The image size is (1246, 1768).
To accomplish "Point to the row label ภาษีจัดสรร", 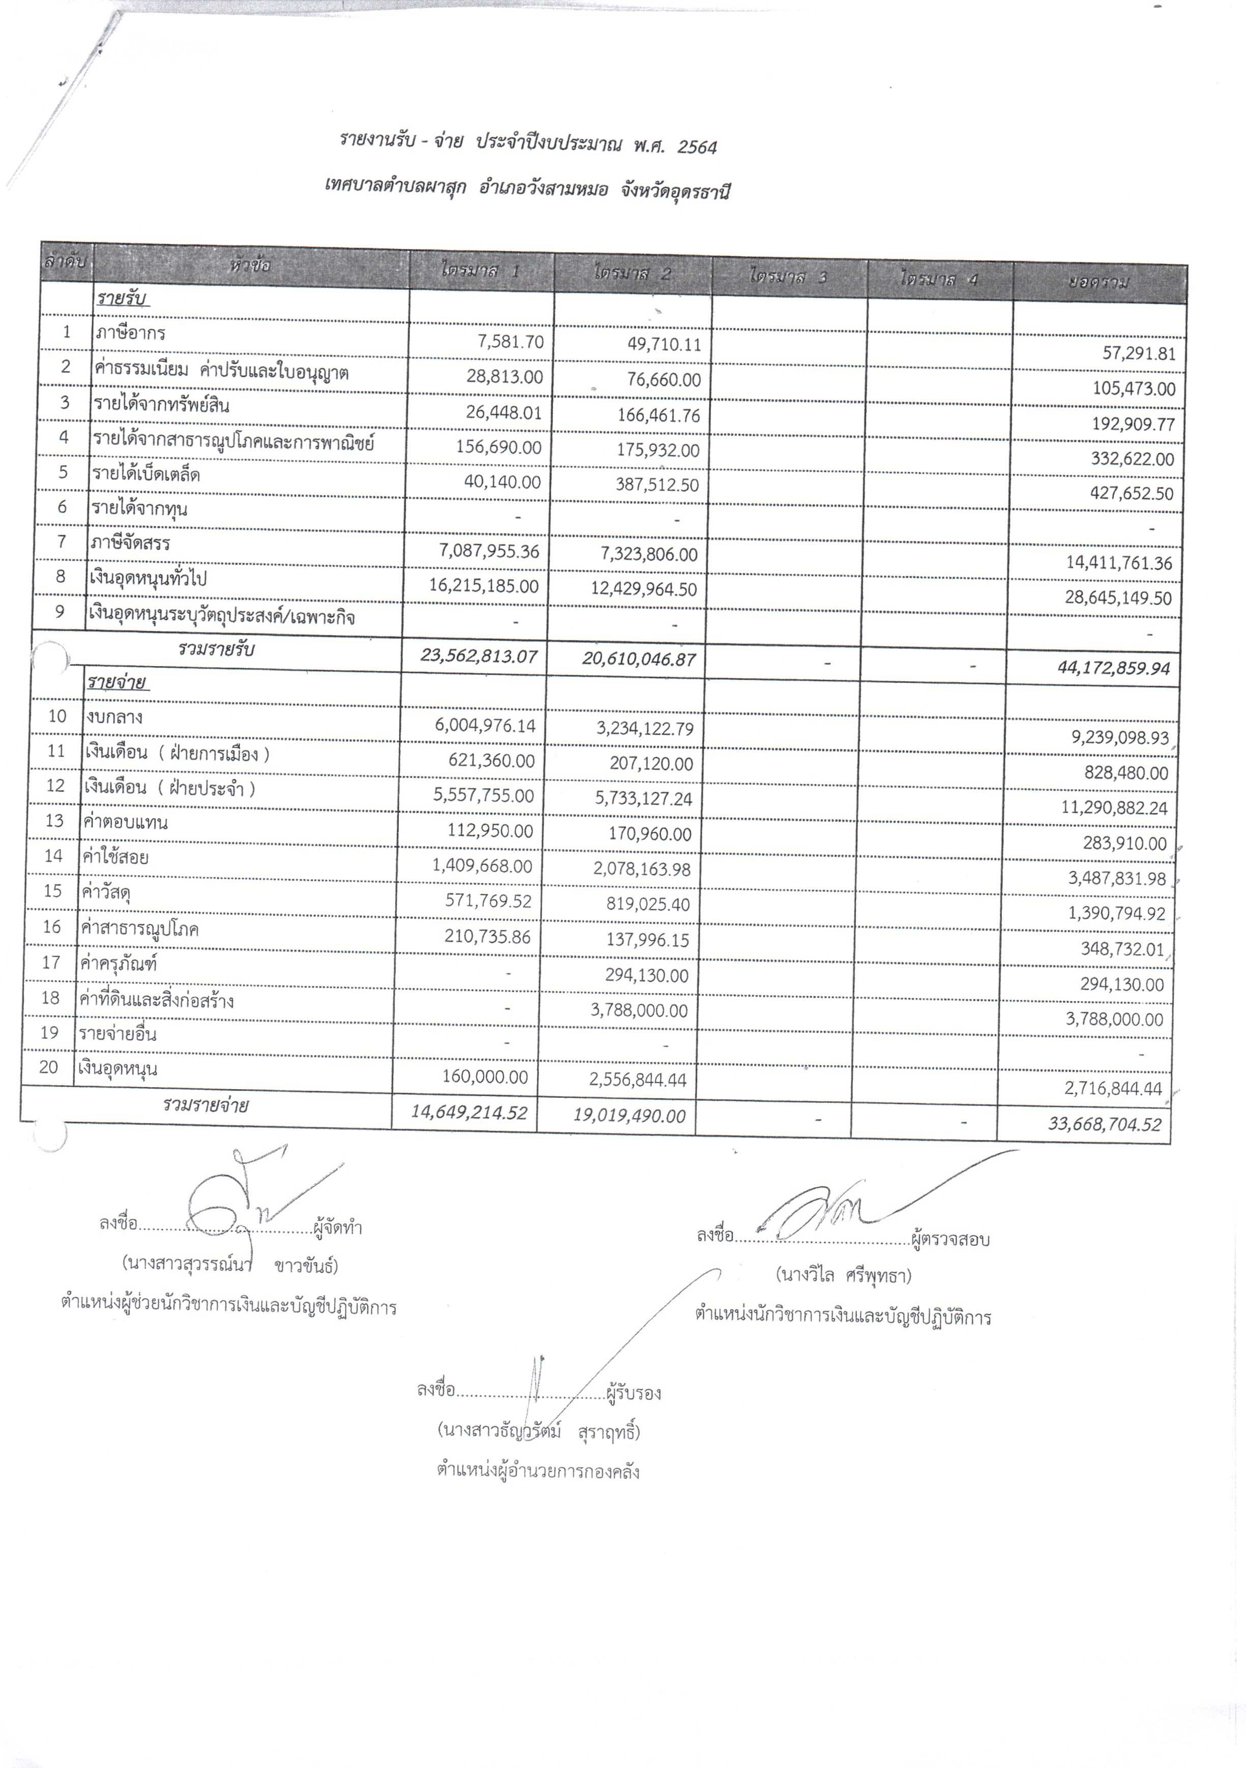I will [x=130, y=544].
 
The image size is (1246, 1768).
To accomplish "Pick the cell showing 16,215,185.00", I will [x=484, y=586].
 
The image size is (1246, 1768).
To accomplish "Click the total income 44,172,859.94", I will [x=1114, y=668].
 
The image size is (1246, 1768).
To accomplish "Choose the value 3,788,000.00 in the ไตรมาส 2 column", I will [x=639, y=1010].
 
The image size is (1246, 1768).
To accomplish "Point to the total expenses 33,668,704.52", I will [x=1104, y=1124].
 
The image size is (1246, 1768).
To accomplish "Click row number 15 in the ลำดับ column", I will [x=52, y=891].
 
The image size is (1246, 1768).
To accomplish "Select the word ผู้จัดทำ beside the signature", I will [x=337, y=1227].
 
